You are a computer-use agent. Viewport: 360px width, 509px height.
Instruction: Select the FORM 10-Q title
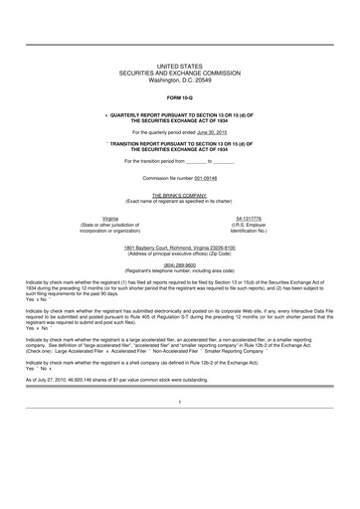[x=179, y=99]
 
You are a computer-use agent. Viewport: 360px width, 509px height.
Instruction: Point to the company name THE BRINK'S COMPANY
[x=179, y=196]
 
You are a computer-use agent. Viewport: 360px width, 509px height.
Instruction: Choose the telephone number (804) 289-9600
[x=179, y=264]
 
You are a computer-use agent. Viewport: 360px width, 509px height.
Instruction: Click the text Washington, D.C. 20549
[x=179, y=79]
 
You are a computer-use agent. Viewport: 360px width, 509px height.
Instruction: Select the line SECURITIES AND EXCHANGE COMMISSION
[x=179, y=72]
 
